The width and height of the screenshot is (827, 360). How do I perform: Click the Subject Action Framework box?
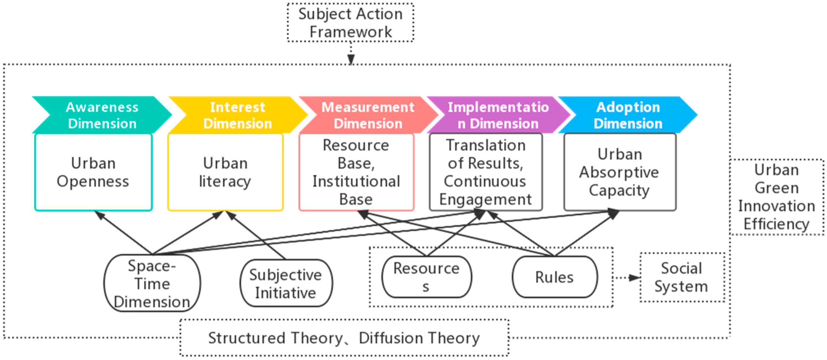pyautogui.click(x=350, y=23)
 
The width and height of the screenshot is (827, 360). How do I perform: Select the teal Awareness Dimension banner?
pyautogui.click(x=102, y=115)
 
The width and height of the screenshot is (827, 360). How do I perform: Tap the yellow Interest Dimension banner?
pyautogui.click(x=237, y=115)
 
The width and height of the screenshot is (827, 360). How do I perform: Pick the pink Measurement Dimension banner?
pyautogui.click(x=368, y=115)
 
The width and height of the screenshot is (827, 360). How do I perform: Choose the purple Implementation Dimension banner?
pyautogui.click(x=498, y=115)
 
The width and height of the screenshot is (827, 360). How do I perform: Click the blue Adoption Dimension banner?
pyautogui.click(x=628, y=115)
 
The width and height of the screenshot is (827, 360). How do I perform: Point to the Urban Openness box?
pyautogui.click(x=93, y=172)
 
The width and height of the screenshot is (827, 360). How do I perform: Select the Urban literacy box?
pyautogui.click(x=225, y=172)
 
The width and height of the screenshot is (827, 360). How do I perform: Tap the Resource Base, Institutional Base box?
pyautogui.click(x=356, y=172)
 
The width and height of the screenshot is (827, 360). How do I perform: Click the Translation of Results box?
pyautogui.click(x=486, y=172)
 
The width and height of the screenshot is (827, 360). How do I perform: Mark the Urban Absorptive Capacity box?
pyautogui.click(x=620, y=172)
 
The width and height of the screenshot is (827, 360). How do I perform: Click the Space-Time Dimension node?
pyautogui.click(x=152, y=283)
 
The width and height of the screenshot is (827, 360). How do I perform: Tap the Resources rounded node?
pyautogui.click(x=427, y=277)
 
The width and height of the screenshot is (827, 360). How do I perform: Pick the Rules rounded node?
pyautogui.click(x=555, y=277)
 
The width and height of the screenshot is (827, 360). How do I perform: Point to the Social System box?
pyautogui.click(x=682, y=277)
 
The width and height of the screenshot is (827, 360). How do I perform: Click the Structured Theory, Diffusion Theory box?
pyautogui.click(x=344, y=338)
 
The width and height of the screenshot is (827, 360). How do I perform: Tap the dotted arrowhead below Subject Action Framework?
pyautogui.click(x=351, y=59)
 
